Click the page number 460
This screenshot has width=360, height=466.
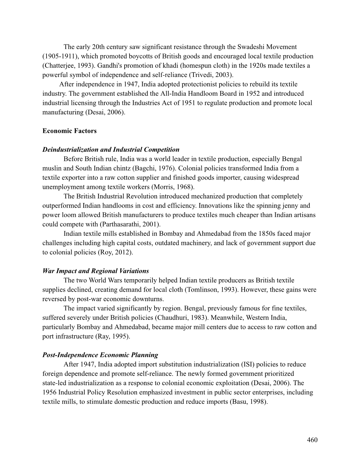click(x=312, y=440)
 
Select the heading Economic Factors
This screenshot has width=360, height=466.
click(x=69, y=131)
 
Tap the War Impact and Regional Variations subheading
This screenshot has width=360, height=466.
click(x=95, y=271)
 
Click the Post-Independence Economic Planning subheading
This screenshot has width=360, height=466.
click(x=100, y=355)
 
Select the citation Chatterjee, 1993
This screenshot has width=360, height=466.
click(x=66, y=66)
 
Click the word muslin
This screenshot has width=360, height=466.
click(x=52, y=168)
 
